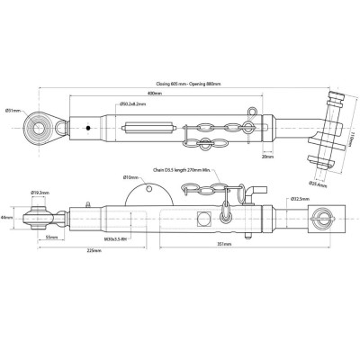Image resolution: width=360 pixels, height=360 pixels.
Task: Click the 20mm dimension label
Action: (267, 155)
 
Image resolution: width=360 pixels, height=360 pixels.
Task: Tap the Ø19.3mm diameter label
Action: (40, 193)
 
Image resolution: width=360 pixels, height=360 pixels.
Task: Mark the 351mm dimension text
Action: (226, 244)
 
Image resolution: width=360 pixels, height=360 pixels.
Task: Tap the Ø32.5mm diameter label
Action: (301, 197)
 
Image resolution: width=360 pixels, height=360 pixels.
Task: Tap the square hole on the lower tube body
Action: (203, 219)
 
